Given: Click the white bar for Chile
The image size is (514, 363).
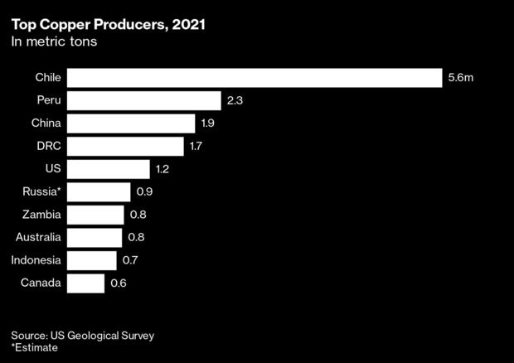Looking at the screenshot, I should click(254, 78).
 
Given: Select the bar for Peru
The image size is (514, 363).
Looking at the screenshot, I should click(143, 101).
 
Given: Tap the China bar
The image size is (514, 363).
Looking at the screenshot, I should click(130, 123).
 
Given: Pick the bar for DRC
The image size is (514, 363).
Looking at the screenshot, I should click(124, 147).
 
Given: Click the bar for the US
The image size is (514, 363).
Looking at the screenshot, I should click(108, 169).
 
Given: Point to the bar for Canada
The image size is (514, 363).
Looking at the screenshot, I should click(85, 283).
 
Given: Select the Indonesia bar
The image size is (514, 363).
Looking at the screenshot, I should click(91, 261).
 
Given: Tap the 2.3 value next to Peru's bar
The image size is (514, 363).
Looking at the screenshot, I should click(235, 101).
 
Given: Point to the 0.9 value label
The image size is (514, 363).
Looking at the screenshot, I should click(144, 192).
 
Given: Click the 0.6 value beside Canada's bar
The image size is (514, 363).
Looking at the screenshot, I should click(119, 283).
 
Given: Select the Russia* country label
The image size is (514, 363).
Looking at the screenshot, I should click(41, 192).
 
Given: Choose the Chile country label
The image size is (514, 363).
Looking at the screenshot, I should click(48, 78).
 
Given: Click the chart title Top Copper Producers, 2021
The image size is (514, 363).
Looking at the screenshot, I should click(109, 25).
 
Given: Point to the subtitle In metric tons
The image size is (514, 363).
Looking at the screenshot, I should click(54, 42).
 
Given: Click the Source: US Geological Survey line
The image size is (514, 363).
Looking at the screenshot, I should click(83, 336).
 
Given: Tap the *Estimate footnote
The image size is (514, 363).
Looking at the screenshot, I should click(35, 348).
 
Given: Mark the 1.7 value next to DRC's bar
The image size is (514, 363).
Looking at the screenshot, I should click(196, 147).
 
